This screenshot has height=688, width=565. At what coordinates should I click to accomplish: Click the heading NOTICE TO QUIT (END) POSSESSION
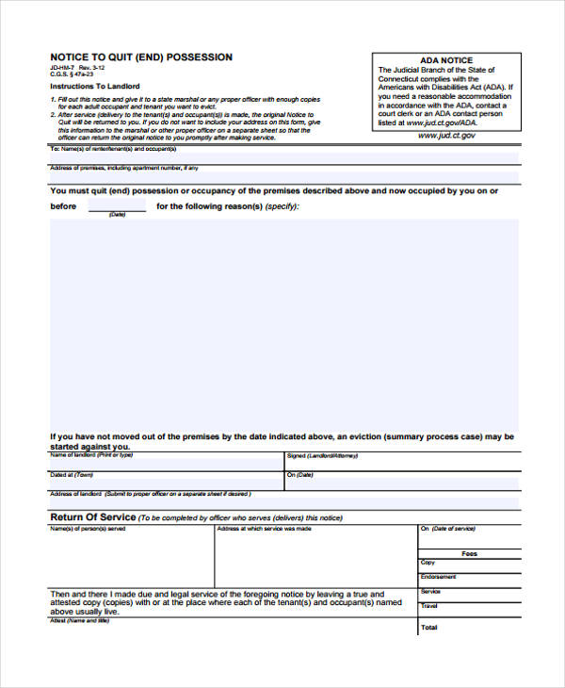coord(141,57)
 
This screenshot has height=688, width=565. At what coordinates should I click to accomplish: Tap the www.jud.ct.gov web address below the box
coord(446,136)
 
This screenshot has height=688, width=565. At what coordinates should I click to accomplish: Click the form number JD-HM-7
coord(62,68)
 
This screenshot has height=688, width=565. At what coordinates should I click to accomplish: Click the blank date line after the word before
coord(117,206)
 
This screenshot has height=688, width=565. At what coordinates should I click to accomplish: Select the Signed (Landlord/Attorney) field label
coord(324,455)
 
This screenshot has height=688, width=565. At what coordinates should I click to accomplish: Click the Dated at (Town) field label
coord(72,474)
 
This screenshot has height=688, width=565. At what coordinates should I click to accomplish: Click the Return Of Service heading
coord(92,517)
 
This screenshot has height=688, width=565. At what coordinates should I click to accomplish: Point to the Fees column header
coord(469,553)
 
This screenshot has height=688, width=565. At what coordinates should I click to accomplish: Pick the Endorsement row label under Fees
coord(439,577)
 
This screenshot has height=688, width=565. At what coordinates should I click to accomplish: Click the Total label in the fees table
coord(429,627)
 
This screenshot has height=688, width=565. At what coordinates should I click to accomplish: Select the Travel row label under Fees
coord(429,606)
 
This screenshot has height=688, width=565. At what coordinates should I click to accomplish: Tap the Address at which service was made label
coord(264,529)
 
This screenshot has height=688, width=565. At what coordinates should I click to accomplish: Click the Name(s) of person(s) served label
coord(87,529)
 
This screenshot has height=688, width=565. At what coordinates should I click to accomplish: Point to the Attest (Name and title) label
coord(80,620)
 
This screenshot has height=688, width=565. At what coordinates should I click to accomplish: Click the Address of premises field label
coord(123,168)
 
